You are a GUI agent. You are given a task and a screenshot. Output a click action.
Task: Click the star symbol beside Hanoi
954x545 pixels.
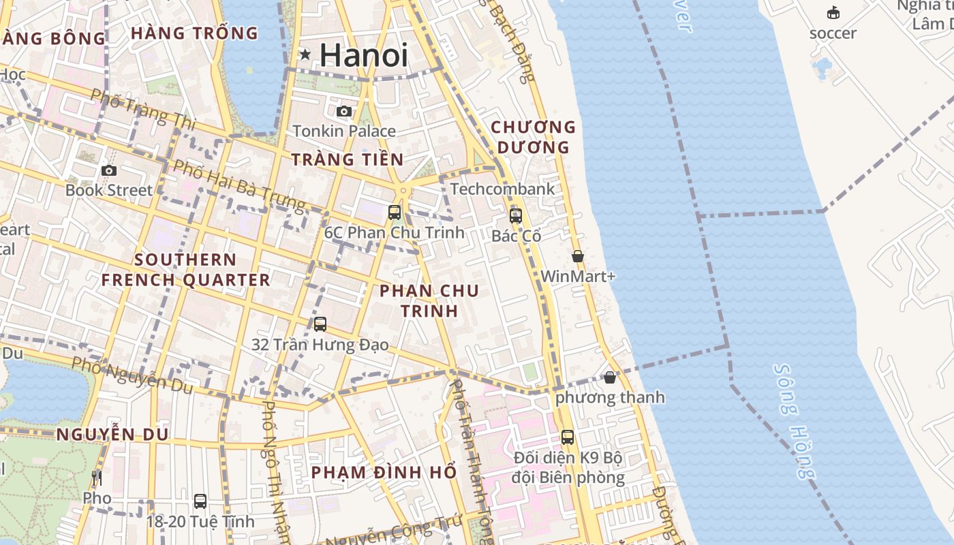coord(305,54)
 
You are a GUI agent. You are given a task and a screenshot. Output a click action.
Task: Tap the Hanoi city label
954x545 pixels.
coord(364,55)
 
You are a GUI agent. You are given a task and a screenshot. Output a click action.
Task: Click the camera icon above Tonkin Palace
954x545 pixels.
coord(344,111)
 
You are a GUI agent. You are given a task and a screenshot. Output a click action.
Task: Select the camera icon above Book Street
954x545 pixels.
coord(108,170)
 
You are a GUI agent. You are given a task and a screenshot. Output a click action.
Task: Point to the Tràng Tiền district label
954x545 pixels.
coord(348,160)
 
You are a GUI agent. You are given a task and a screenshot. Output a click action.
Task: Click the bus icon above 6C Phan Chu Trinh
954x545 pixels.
coord(395,212)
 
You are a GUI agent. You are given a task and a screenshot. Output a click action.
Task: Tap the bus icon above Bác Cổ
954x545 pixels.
coord(516,216)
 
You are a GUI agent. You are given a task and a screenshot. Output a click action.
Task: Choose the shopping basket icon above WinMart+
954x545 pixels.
coord(578,256)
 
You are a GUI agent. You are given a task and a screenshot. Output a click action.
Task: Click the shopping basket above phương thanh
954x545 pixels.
coord(610,377)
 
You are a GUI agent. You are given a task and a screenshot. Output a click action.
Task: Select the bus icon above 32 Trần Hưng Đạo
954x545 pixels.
coord(320,324)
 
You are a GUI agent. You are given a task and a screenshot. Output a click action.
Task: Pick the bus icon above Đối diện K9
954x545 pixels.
coord(568,437)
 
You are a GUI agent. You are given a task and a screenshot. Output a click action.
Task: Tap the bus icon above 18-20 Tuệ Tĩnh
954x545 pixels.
coord(200,501)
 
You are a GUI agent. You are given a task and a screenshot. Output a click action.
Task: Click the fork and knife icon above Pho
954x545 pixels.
coord(97,478)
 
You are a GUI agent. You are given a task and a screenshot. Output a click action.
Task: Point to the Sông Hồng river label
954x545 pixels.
coord(794,421)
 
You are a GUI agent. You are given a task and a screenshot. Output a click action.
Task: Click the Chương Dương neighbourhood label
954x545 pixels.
coord(534,137)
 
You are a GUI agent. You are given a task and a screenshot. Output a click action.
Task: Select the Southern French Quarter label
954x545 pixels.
coord(185,270)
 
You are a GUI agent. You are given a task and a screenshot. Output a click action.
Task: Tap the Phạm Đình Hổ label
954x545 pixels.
coord(384,472)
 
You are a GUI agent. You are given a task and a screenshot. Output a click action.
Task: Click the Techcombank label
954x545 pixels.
coord(502,189)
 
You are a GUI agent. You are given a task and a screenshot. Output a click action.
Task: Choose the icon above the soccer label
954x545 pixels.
coord(833,13)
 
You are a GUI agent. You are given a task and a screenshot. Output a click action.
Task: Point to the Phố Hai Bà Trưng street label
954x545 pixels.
coord(238,185)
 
